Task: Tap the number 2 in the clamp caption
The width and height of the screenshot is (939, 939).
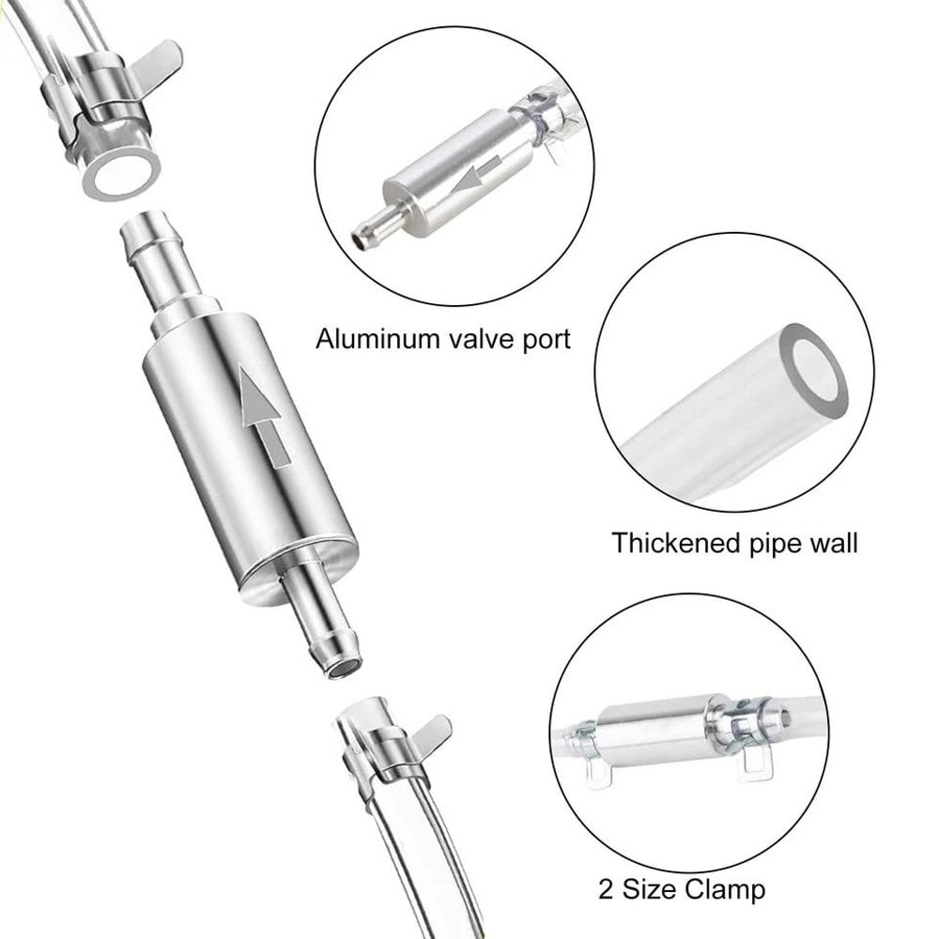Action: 607,887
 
